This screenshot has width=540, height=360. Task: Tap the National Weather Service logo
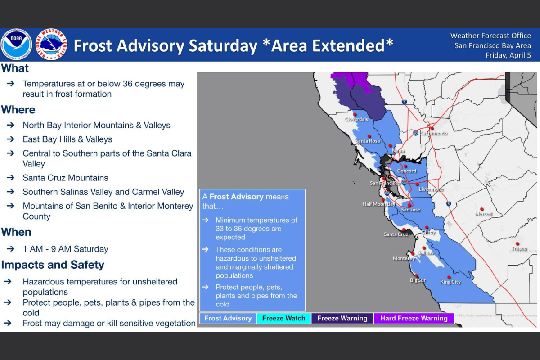click(x=51, y=45)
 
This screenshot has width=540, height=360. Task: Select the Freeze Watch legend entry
click(x=284, y=318)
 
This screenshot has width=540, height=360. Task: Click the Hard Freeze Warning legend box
click(x=414, y=318)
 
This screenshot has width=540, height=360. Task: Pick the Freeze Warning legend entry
click(x=342, y=318)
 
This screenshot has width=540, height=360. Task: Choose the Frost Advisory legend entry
click(x=228, y=318)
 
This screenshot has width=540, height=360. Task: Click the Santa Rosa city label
click(x=368, y=141)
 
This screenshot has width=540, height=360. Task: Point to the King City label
click(x=450, y=282)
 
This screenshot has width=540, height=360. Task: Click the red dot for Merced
click(x=482, y=209)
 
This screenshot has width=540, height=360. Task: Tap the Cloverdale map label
click(x=357, y=119)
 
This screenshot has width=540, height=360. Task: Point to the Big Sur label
click(x=418, y=280)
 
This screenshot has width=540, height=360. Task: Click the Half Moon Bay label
click(x=378, y=204)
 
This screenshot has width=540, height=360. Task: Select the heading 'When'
click(x=16, y=232)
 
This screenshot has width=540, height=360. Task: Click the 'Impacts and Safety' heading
click(x=53, y=265)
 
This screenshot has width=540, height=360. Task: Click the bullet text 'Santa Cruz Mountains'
click(x=65, y=178)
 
